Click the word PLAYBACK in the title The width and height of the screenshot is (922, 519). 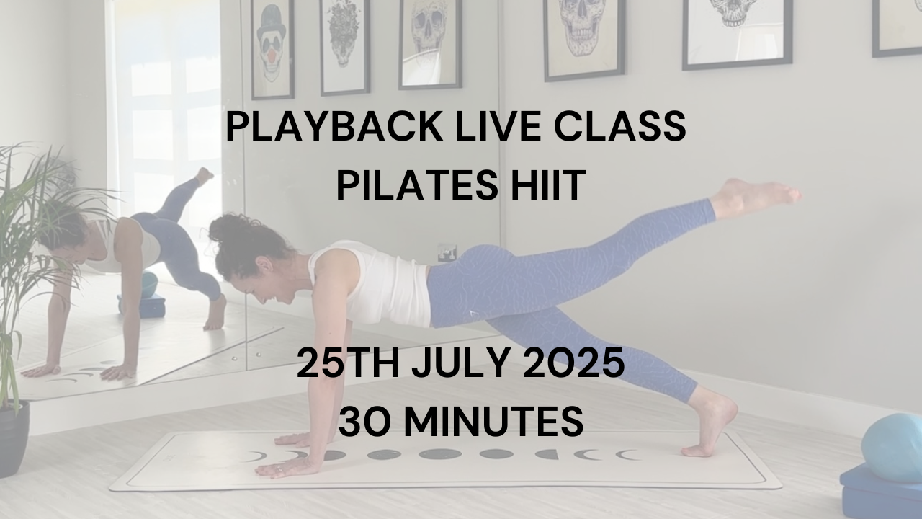(x=334, y=126)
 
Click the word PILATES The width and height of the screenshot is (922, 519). (x=417, y=186)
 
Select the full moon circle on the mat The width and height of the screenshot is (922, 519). (x=440, y=454)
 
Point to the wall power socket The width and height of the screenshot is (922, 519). (x=447, y=253)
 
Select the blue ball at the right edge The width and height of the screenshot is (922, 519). (x=893, y=448)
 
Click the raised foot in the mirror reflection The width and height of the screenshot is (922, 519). (x=204, y=176)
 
